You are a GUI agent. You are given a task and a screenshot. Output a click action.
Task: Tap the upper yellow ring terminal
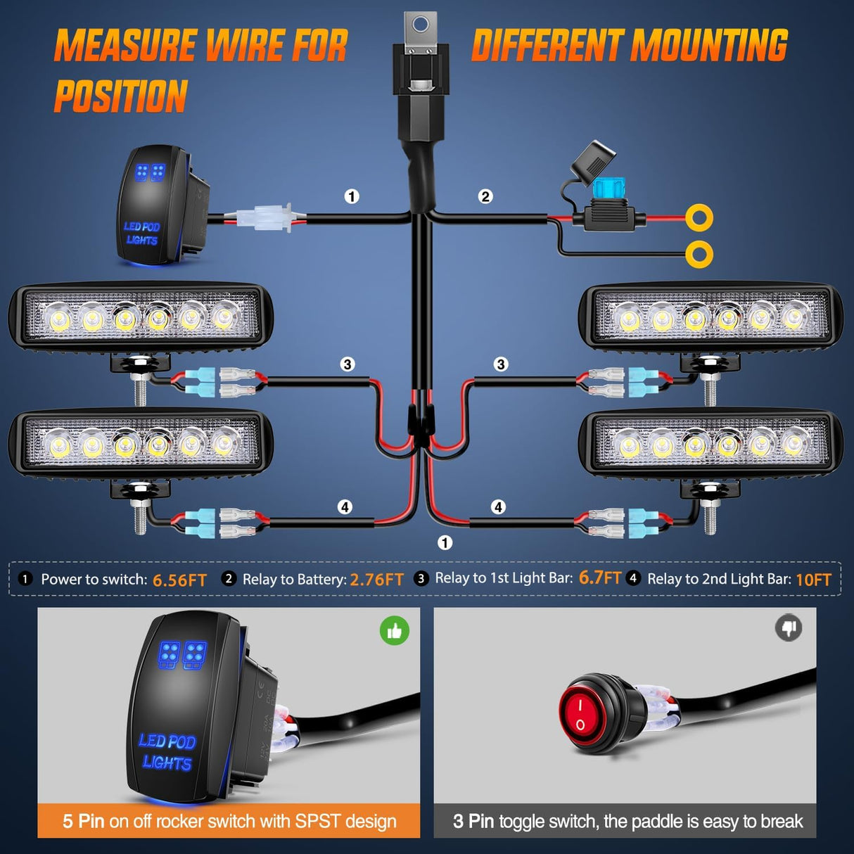[699, 217]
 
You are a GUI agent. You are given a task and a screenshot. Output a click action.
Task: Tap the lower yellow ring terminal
[699, 253]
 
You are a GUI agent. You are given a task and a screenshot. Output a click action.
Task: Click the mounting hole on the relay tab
[421, 26]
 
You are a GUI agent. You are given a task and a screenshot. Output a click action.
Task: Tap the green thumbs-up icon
[395, 631]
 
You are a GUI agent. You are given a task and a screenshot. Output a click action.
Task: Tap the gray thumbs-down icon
[789, 627]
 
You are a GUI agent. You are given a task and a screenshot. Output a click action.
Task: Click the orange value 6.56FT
[179, 580]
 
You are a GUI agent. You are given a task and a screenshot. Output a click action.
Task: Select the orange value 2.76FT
[376, 580]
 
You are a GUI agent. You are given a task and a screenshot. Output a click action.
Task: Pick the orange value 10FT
[813, 580]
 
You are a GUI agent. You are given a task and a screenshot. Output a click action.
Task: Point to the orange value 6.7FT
[599, 578]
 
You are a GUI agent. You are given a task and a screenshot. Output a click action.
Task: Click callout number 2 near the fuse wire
[485, 196]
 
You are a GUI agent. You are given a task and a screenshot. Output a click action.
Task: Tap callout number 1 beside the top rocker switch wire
[352, 196]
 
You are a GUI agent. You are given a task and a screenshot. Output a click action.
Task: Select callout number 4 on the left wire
[345, 506]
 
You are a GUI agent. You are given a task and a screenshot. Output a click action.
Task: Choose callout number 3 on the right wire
[501, 364]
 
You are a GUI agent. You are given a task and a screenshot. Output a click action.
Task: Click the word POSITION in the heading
[121, 96]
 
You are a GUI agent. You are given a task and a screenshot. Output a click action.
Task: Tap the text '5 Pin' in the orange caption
[83, 821]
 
